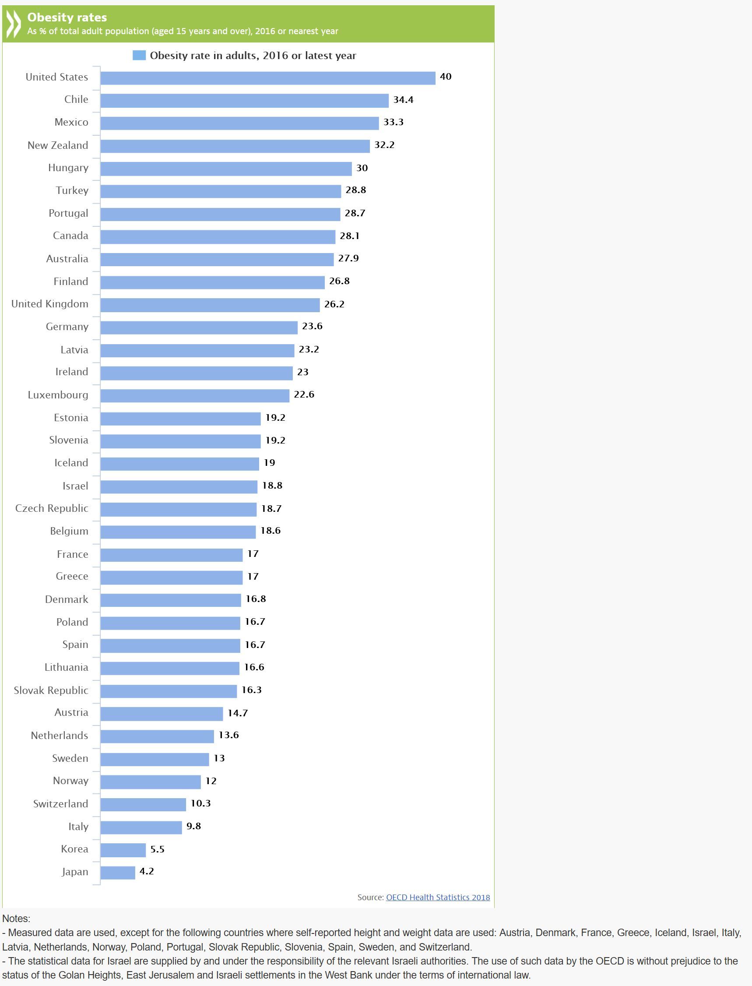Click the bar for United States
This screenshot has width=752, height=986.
268,78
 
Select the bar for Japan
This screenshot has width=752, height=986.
118,872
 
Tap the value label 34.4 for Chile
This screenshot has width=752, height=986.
403,100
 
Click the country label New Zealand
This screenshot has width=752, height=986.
58,145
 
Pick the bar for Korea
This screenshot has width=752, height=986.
123,849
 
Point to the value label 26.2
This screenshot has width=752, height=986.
334,304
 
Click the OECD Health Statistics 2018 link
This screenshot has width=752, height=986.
438,898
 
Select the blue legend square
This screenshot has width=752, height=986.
139,56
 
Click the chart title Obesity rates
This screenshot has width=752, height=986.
67,18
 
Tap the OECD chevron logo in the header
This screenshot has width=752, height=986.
14,24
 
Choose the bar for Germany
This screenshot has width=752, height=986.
199,327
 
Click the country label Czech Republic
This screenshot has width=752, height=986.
52,508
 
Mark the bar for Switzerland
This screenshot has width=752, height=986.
143,804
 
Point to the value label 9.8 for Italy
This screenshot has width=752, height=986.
193,826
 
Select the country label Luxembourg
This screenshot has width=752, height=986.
58,395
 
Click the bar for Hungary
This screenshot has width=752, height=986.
226,169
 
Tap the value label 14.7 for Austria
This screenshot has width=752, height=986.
237,713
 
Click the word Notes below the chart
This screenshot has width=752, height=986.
16,919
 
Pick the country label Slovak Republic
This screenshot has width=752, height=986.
51,690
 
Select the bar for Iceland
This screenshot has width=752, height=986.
179,464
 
